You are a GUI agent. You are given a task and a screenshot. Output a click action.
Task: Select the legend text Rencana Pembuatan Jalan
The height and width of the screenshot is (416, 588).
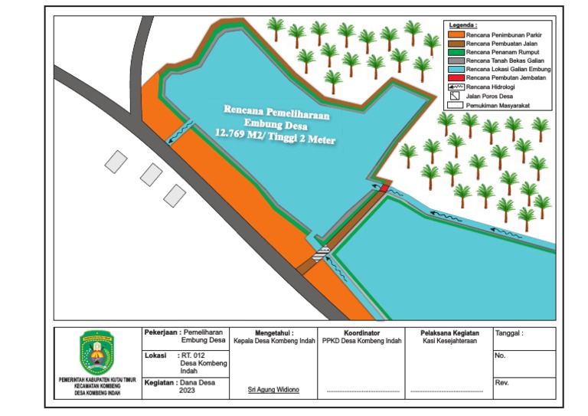498,44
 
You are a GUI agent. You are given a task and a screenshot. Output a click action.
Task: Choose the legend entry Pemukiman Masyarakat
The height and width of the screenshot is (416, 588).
501,104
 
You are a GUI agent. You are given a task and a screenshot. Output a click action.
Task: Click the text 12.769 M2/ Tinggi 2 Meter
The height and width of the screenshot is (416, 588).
276,138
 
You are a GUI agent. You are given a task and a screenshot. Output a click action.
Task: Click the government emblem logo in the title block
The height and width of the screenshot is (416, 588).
96,353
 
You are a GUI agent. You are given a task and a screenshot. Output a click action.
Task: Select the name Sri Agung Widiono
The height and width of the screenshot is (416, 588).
273,390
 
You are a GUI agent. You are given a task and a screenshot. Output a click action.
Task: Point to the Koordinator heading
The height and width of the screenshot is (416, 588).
362,333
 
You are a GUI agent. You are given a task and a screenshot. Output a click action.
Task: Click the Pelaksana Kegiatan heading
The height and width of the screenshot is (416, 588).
450,333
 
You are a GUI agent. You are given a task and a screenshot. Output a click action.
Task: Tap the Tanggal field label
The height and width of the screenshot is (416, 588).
511,334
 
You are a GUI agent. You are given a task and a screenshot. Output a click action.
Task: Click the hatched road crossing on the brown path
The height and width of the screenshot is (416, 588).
321,254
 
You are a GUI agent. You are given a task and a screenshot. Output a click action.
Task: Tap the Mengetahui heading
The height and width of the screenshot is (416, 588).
273,333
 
